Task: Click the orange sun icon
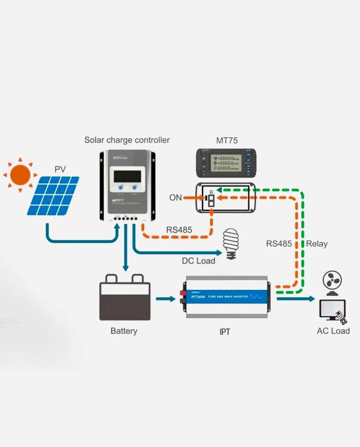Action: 20,175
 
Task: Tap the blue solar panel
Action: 53,196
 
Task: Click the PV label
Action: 60,169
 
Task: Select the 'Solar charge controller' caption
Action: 127,140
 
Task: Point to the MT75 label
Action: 227,141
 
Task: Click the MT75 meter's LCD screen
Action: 225,163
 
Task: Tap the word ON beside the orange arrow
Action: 176,198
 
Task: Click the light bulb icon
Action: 231,242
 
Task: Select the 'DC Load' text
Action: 198,261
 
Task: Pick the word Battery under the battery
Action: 124,331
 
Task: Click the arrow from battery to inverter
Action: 165,299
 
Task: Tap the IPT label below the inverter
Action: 225,332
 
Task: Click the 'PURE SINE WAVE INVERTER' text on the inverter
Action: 227,297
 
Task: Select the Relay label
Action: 317,244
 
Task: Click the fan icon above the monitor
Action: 332,282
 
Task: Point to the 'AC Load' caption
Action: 333,331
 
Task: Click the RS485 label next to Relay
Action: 279,244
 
